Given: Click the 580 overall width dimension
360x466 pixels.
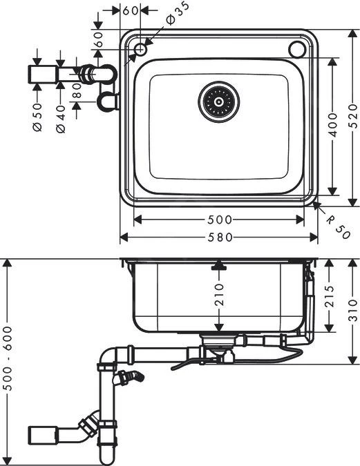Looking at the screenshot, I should [x=219, y=237].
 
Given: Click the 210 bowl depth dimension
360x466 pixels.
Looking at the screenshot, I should [x=219, y=295].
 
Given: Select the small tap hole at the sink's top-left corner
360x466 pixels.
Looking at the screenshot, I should [x=140, y=49].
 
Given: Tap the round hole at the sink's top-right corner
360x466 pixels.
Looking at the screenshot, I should [x=298, y=49].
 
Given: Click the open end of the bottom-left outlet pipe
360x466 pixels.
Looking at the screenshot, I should [x=30, y=434].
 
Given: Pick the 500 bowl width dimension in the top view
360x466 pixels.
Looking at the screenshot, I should [x=219, y=220].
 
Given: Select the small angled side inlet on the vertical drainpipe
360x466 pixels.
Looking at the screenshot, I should [x=131, y=377].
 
